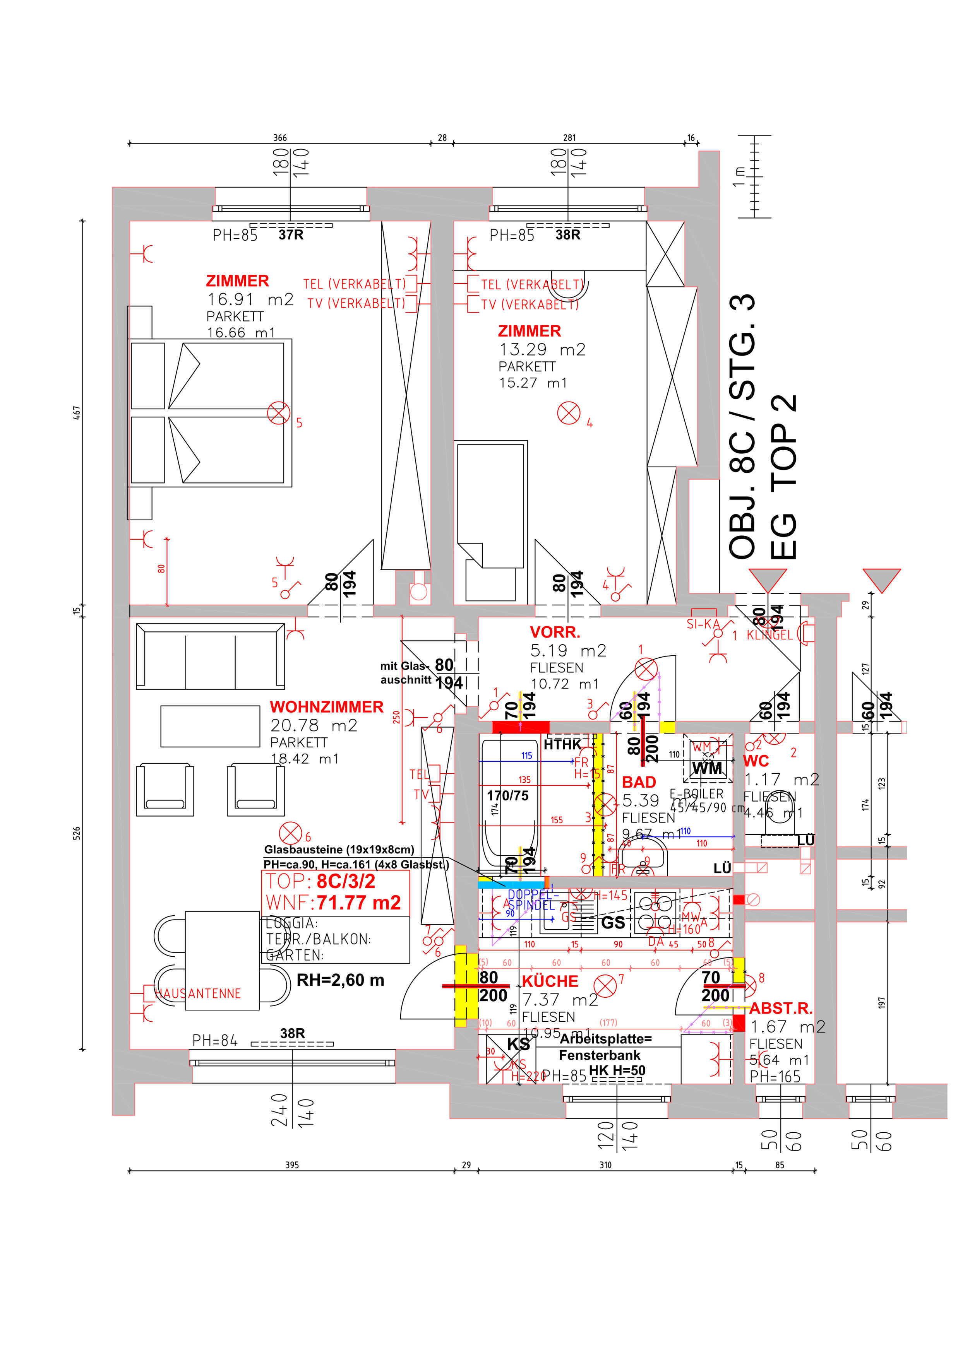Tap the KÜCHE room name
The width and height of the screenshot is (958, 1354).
coord(550,981)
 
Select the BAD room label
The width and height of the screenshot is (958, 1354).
coord(639,782)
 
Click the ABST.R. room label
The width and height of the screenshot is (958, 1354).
coord(780,1009)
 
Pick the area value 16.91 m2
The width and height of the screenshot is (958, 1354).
coord(250,299)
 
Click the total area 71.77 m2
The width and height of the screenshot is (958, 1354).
coord(359,903)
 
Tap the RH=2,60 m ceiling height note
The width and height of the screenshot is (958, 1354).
coord(340,980)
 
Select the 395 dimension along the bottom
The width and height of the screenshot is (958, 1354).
coord(292,1165)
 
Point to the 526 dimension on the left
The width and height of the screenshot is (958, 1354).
coord(77,833)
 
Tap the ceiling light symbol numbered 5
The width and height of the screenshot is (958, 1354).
coord(278,413)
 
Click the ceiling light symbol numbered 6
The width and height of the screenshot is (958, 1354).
coord(290,833)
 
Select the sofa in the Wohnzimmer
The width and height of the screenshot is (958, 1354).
coord(210,656)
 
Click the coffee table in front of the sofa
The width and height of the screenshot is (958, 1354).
coord(210,726)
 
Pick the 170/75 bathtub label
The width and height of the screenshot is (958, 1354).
coord(507,795)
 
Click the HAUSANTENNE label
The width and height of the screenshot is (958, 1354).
coord(198,994)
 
